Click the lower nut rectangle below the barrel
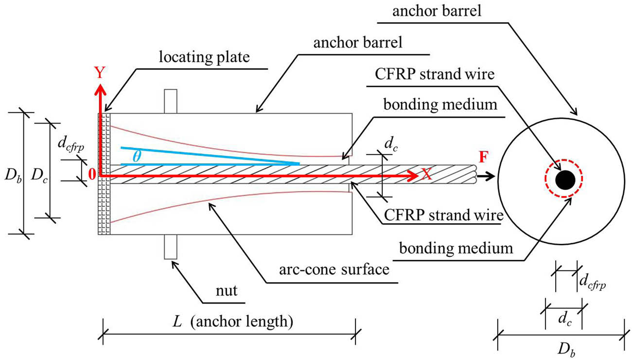pos(170,246)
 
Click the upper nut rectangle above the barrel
pos(170,101)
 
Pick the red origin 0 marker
pos(91,176)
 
